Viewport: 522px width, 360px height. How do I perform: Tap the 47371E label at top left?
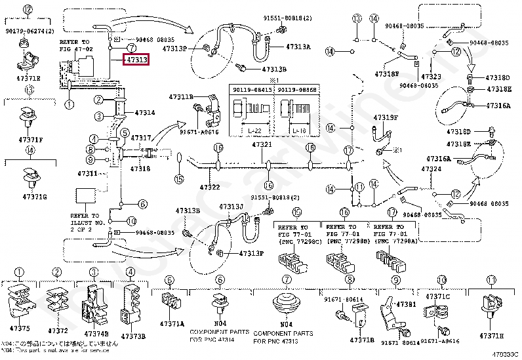point(28,77)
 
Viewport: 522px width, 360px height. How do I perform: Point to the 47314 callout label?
point(144,113)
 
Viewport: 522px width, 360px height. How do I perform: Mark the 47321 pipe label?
point(262,144)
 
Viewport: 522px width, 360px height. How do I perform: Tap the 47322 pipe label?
point(210,187)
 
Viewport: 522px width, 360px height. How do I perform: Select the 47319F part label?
point(386,117)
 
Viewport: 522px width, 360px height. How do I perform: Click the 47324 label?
point(431,169)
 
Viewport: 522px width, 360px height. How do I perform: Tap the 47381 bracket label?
point(405,304)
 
